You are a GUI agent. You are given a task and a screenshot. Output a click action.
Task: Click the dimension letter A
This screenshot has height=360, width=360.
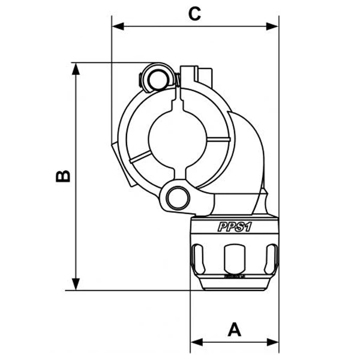tap(235, 329)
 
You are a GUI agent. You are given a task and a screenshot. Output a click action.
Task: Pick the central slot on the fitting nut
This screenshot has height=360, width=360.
tap(235, 259)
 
